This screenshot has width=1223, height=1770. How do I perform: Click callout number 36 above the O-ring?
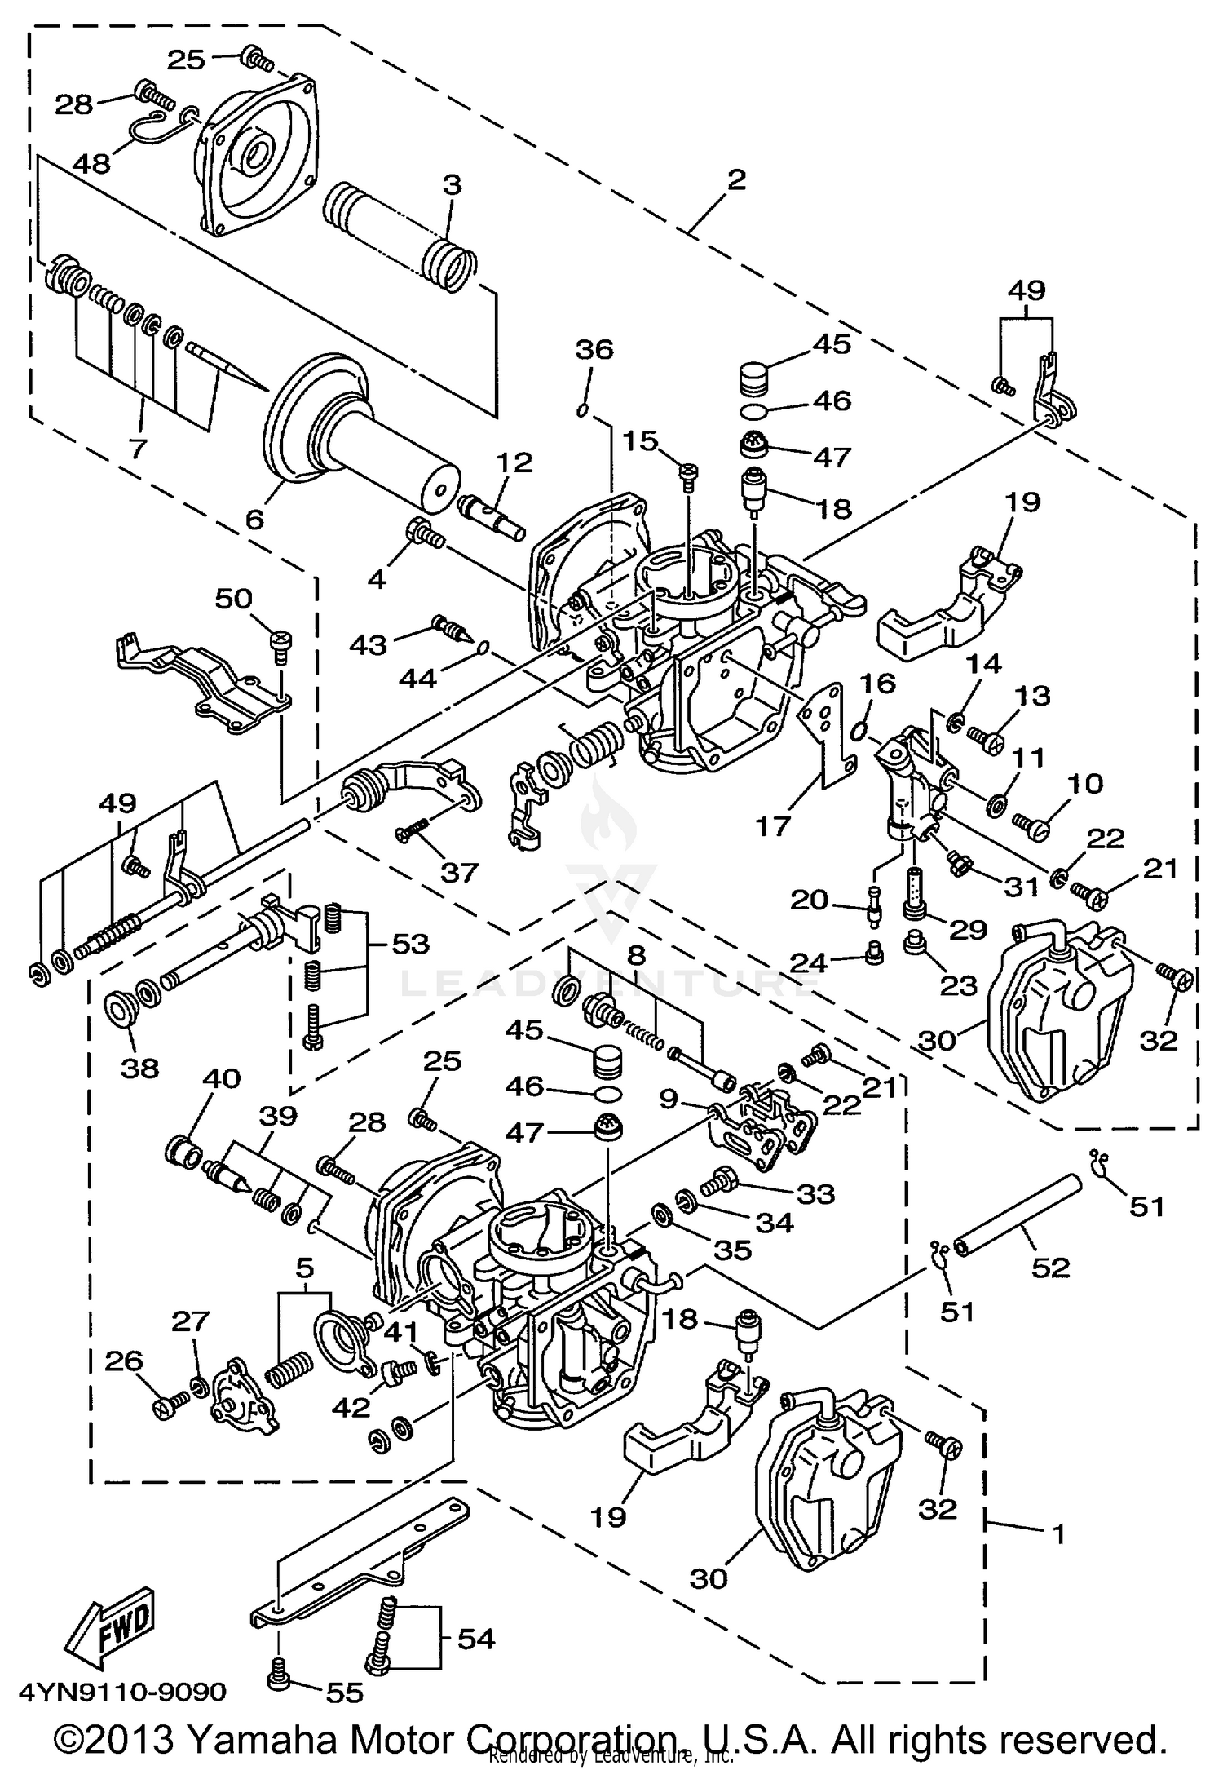click(594, 349)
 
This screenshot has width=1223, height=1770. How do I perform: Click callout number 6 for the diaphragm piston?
click(255, 518)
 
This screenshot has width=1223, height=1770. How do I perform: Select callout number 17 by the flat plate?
click(772, 825)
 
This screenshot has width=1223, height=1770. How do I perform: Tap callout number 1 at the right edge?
click(1057, 1535)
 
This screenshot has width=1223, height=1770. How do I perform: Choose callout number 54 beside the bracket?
click(475, 1638)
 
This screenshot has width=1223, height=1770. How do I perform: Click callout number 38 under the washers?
click(139, 1068)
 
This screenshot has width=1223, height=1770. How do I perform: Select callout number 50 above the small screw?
click(233, 599)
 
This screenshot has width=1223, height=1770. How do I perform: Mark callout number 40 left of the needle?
click(222, 1079)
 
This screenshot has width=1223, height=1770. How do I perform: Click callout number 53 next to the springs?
click(410, 944)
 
